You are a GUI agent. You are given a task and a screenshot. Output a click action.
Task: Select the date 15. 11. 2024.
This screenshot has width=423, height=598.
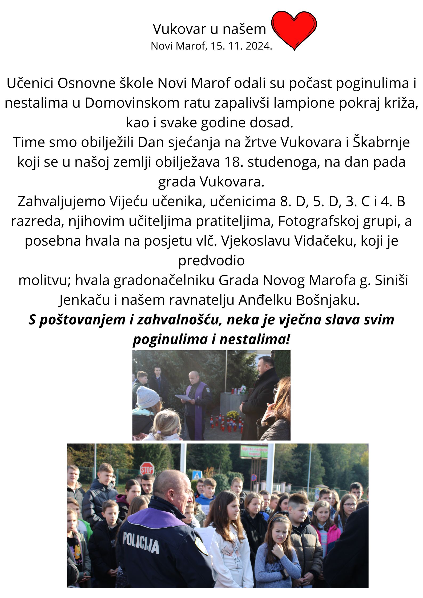pos(241,46)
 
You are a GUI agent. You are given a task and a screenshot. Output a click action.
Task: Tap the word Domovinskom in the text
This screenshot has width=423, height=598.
pos(132,103)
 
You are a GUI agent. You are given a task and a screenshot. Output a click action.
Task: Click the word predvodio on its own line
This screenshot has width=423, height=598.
pos(211,261)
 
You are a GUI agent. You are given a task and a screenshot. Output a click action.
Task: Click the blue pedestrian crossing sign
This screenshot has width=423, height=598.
pos(197,474)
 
